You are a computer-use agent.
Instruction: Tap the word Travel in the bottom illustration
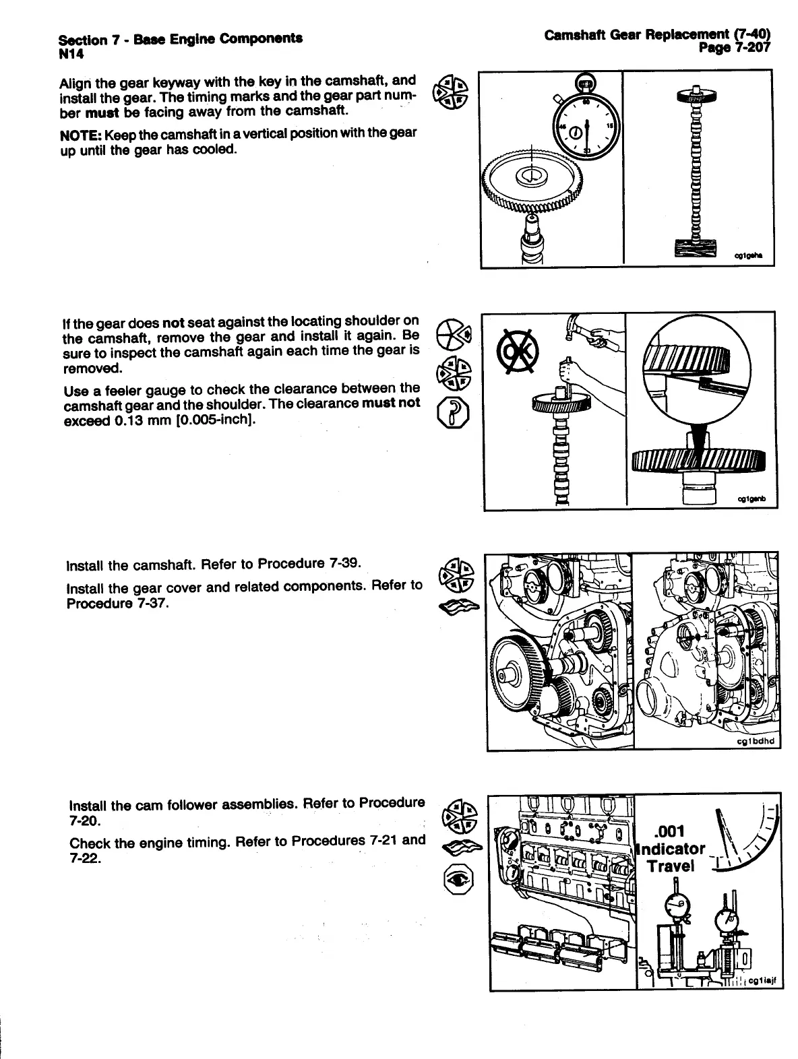[x=670, y=866]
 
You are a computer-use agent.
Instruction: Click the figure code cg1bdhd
[x=757, y=741]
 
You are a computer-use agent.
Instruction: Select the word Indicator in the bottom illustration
[x=673, y=849]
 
